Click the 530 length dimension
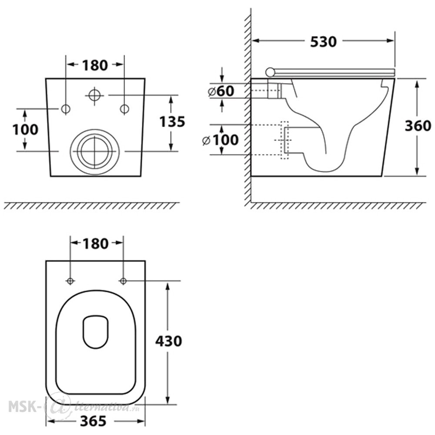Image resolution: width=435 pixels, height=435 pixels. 323,42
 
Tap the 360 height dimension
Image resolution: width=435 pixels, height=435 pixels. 418,126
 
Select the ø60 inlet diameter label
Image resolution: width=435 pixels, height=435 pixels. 221,91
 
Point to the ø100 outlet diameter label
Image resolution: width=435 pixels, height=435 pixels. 221,140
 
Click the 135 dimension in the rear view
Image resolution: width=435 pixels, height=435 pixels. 172,121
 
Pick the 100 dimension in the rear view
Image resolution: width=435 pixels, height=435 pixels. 25,130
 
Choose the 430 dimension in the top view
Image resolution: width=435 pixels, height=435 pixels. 168,341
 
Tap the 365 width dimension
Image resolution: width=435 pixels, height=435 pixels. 93,421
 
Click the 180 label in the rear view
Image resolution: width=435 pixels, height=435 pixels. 94,65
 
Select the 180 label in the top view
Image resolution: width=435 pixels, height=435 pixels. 95,244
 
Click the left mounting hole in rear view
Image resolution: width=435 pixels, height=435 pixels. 66,109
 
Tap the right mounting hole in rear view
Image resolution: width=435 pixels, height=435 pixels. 124,109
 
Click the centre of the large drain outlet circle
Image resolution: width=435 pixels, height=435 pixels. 95,151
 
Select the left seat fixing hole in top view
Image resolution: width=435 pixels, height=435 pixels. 70,281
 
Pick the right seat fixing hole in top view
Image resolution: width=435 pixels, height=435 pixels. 123,281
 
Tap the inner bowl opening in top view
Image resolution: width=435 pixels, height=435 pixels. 96,332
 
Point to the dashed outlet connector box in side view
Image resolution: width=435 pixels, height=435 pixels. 284,140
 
